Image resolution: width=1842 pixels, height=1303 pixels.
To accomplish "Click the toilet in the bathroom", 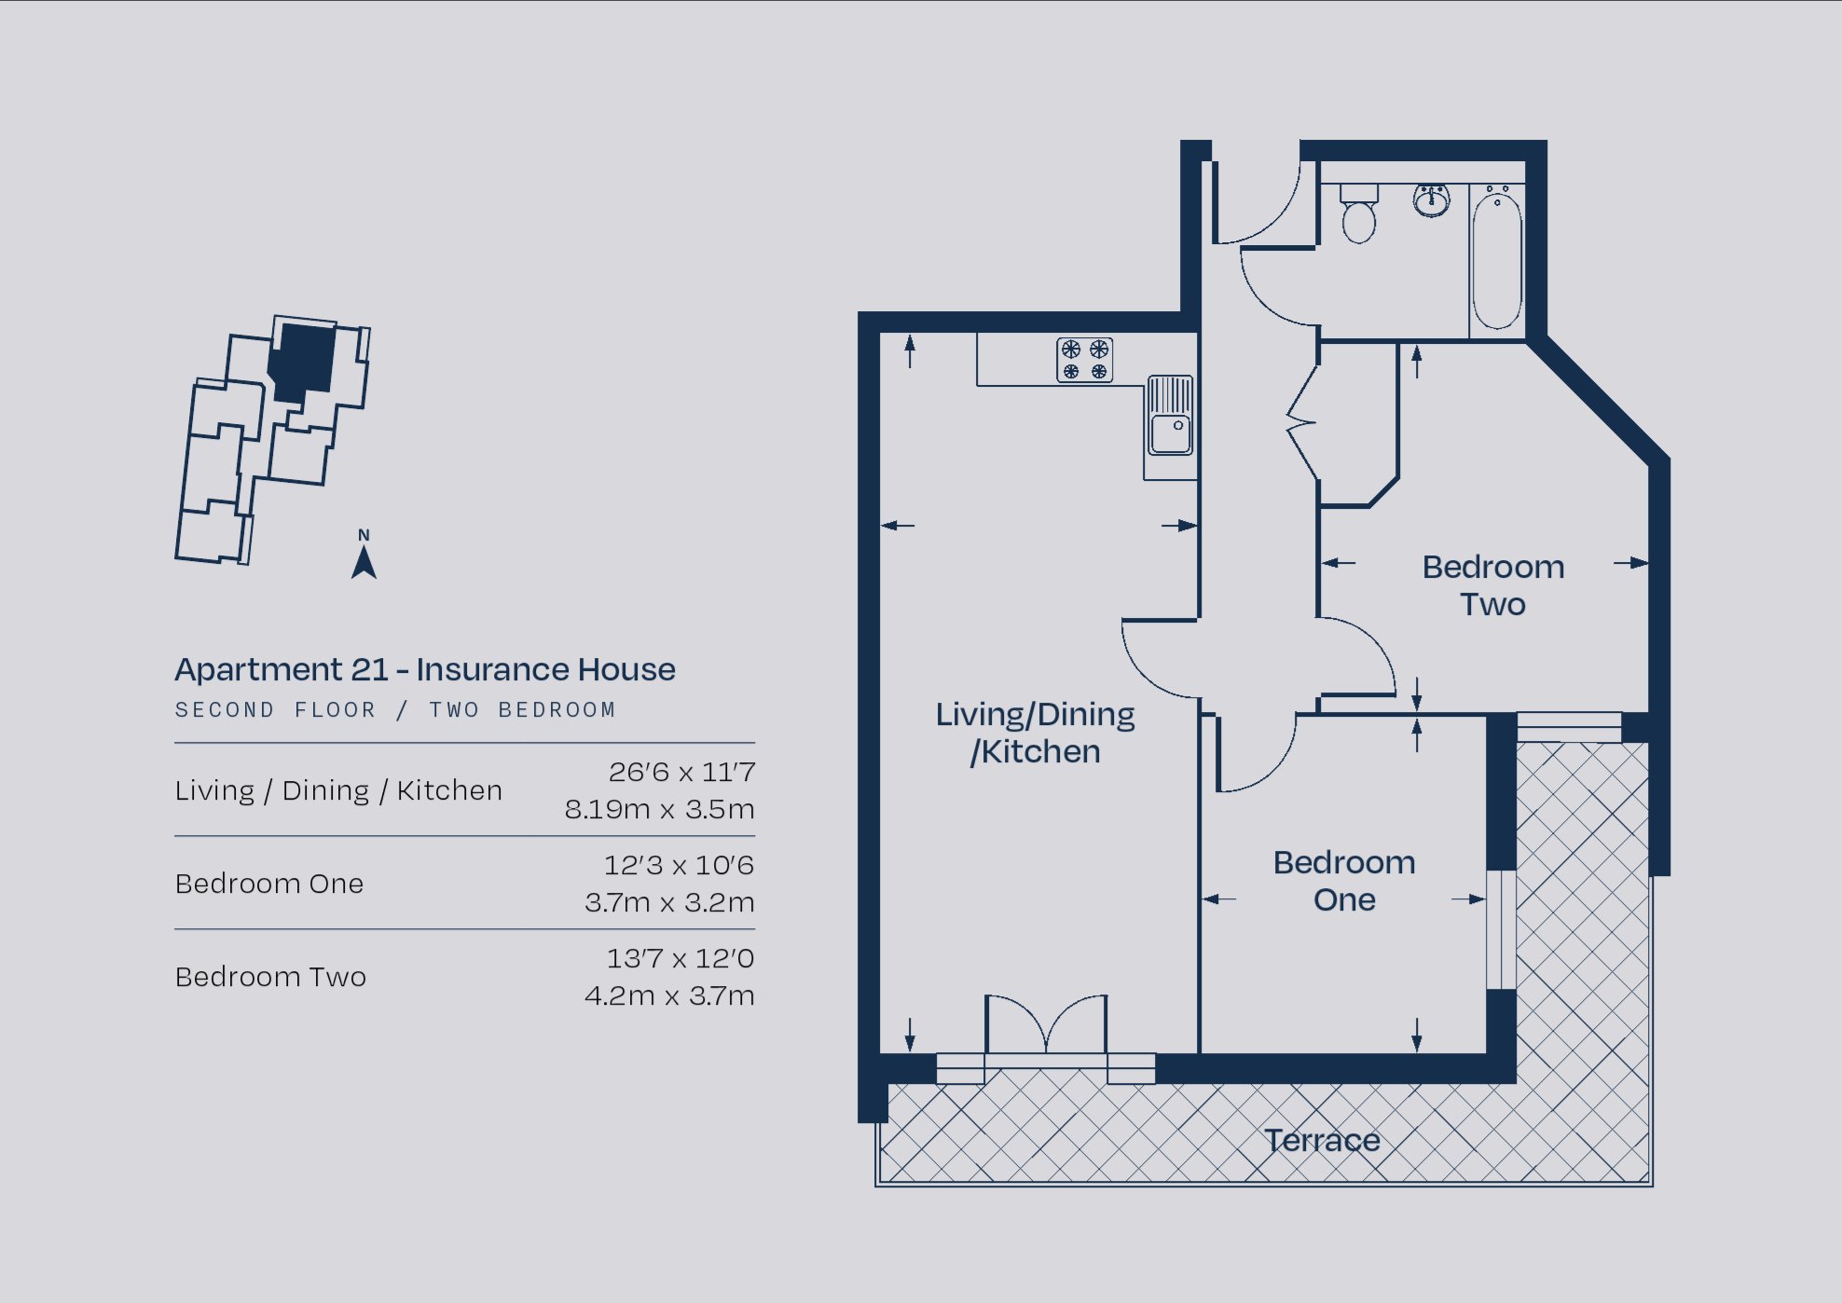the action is (1358, 213).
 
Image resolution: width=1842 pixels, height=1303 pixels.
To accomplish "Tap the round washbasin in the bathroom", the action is (1431, 199).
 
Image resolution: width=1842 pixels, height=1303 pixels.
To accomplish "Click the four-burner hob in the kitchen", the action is (1085, 360).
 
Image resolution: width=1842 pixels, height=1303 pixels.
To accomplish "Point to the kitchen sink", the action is (1170, 416).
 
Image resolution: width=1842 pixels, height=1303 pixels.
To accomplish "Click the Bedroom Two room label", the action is (1493, 585).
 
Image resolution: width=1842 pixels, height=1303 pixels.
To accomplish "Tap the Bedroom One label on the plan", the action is (1344, 881).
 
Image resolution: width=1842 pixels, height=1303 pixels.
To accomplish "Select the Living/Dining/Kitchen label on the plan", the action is (1036, 733).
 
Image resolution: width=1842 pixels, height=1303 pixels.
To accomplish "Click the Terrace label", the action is (1322, 1140).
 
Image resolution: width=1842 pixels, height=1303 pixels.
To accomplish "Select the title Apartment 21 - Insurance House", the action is (425, 669).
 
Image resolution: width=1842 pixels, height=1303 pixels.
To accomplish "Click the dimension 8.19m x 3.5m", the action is (659, 809).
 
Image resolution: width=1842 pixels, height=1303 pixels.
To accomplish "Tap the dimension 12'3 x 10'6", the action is (679, 865).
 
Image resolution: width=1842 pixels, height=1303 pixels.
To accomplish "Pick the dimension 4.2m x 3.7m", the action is (669, 995).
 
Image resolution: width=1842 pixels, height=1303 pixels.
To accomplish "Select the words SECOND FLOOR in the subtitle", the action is (275, 710).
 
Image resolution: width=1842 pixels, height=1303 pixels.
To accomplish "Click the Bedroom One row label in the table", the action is (269, 884).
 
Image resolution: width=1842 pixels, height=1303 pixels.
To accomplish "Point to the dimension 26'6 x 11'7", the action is (681, 772).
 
